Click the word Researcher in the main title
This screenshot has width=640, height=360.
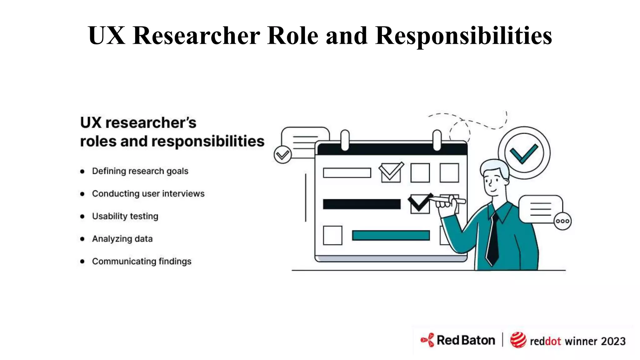point(196,36)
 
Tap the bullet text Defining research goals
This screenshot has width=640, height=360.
point(140,171)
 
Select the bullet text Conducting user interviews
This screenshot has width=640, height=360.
point(148,194)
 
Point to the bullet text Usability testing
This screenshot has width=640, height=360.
point(125,216)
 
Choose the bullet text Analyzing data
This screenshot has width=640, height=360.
point(122,239)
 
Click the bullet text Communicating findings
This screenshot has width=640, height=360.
point(142,261)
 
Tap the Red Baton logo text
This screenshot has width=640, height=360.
point(466,340)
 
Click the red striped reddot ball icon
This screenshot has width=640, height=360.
point(518,340)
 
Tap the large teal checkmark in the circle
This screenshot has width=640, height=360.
point(524,153)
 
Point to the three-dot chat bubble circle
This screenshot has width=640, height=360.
point(562,221)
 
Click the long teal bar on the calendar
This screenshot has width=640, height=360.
point(391,235)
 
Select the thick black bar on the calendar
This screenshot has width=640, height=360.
point(362,204)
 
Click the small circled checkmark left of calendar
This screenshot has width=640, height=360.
point(282,155)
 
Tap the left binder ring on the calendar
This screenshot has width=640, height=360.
point(345,140)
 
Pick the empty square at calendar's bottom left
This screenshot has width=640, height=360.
point(332,235)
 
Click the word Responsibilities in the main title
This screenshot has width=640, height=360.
point(463,36)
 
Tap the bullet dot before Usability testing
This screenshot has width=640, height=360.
point(82,216)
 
